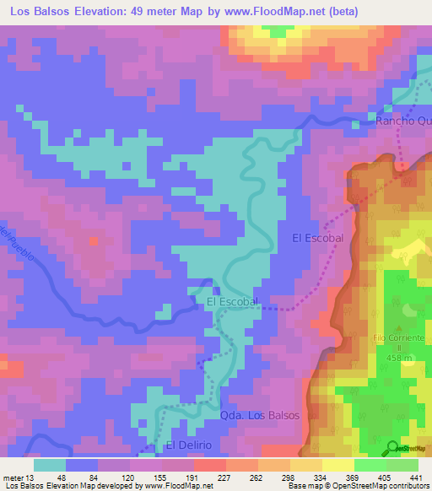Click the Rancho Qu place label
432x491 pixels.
coord(402,121)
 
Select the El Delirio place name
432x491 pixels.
coord(192,445)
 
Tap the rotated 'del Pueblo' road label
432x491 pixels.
coord(18,244)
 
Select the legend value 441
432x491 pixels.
coord(417,477)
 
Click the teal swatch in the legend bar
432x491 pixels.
coord(50,465)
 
